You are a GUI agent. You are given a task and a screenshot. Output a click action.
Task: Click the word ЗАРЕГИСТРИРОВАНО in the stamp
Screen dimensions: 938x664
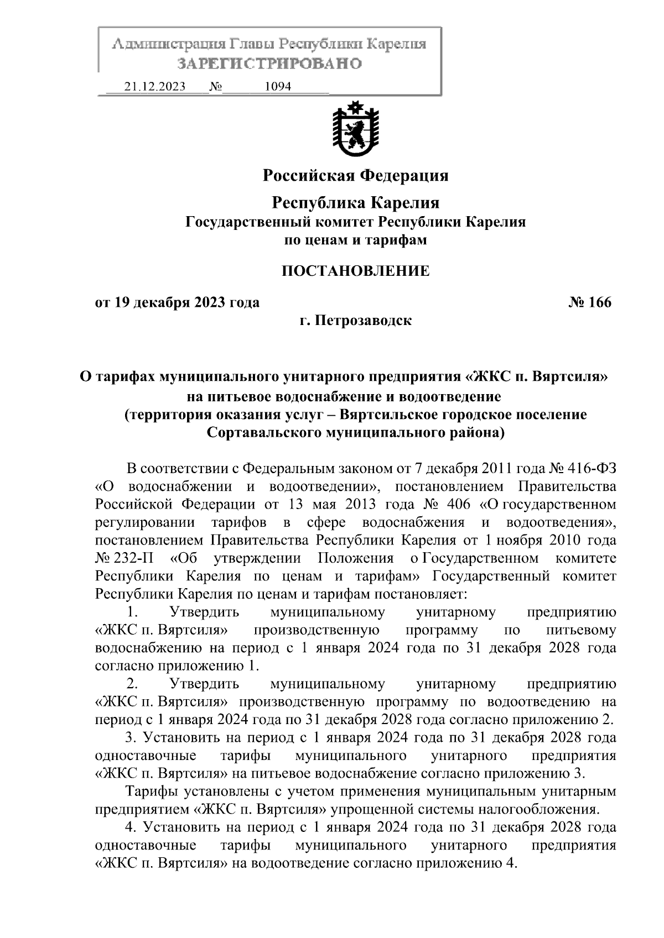click(269, 64)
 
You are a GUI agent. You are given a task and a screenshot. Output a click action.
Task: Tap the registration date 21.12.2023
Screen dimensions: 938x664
click(155, 87)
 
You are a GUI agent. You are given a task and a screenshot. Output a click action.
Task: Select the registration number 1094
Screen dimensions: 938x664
click(278, 87)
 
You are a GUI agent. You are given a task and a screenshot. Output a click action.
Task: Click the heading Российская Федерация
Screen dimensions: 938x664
click(355, 176)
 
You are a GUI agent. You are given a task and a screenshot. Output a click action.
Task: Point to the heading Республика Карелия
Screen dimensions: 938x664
click(355, 203)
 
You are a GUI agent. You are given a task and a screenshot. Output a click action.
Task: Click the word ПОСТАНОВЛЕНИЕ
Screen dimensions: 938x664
click(355, 271)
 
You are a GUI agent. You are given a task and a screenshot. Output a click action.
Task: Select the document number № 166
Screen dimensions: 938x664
click(590, 303)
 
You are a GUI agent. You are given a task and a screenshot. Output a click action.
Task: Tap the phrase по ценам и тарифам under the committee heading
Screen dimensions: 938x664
click(355, 240)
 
